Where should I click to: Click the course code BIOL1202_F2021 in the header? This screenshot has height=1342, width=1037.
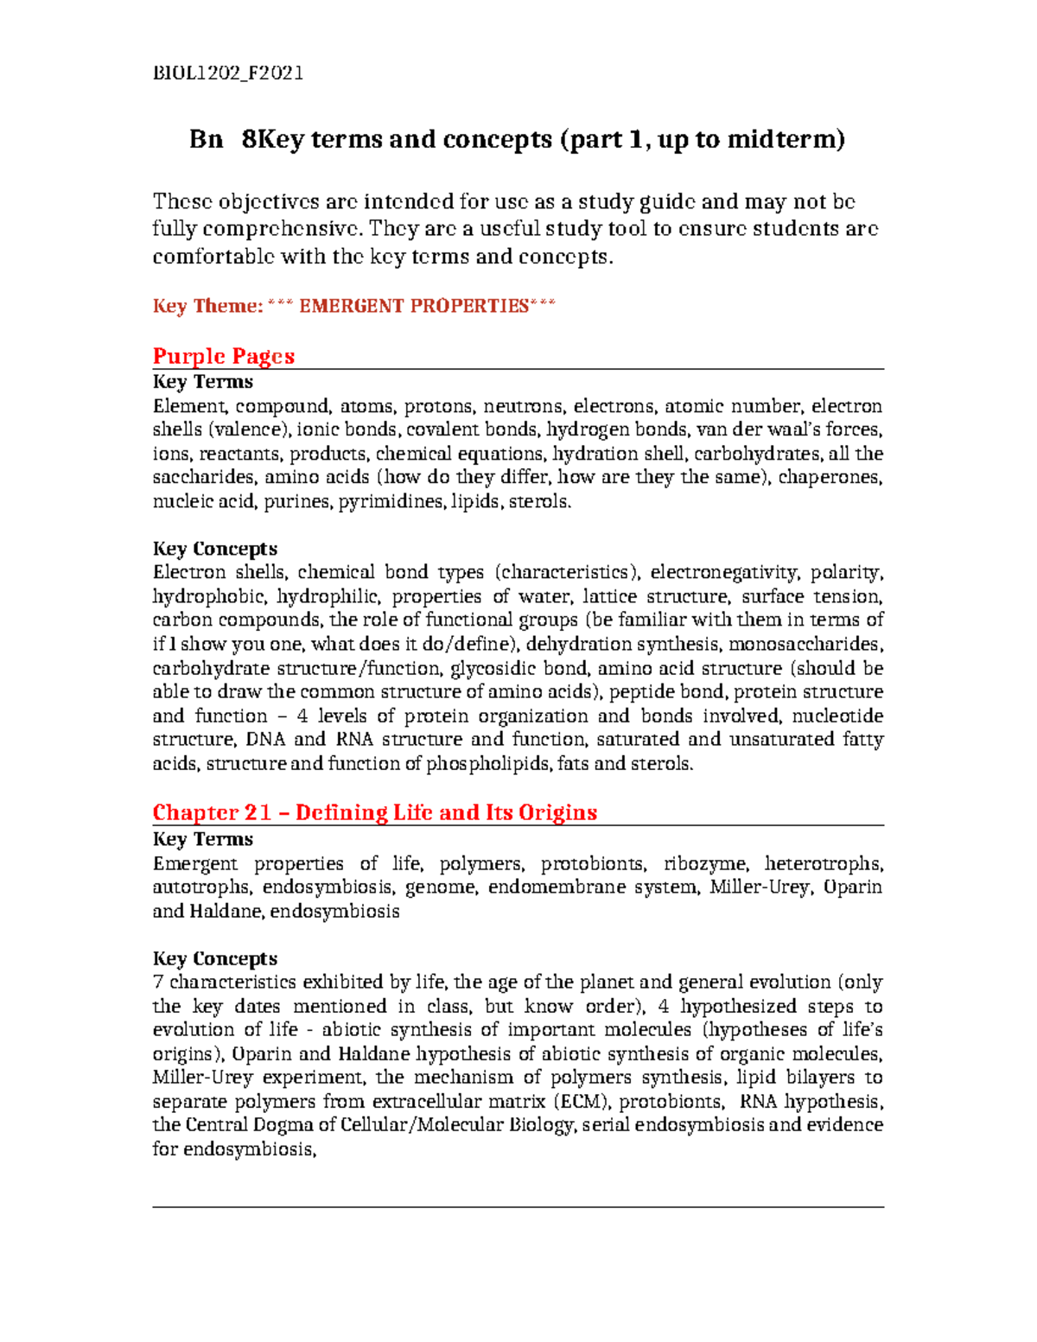coord(228,73)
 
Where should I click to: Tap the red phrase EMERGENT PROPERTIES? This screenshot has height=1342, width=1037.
coord(413,306)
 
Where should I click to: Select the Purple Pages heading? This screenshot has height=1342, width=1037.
coord(224,356)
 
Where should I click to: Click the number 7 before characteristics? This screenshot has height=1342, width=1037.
coord(157,983)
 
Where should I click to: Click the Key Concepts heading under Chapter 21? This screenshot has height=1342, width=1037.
coord(215,958)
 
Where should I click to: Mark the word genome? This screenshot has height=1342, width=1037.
coord(440,887)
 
